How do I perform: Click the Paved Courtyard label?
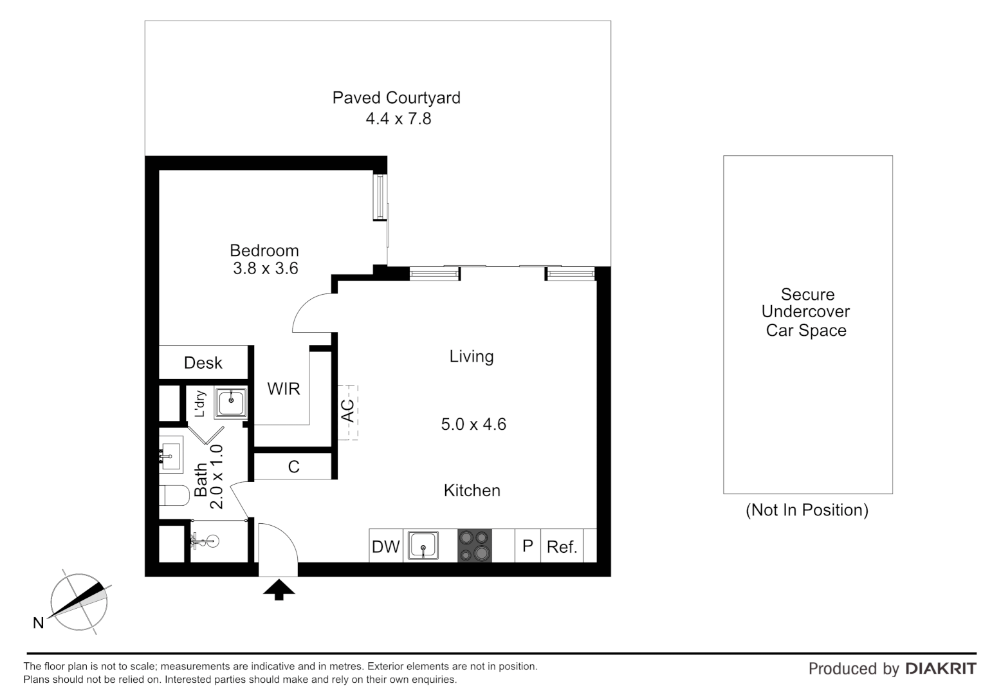tap(396, 98)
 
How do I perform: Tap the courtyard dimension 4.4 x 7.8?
tap(398, 119)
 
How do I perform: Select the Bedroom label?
tap(264, 250)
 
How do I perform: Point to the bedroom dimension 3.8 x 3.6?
tap(265, 268)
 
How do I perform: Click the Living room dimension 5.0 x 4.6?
tap(473, 425)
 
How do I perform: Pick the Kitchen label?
tap(472, 490)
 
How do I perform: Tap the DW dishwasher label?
tap(385, 547)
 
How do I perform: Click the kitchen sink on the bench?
tap(423, 546)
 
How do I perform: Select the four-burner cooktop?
tap(474, 546)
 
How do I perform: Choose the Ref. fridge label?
tap(562, 547)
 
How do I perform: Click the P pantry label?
tap(528, 546)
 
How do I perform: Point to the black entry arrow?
tap(279, 589)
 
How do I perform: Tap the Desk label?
tap(203, 363)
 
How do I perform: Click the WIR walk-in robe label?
tap(284, 389)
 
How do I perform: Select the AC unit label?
tap(347, 412)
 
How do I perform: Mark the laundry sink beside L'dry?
tap(230, 402)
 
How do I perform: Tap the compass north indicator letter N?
tap(39, 623)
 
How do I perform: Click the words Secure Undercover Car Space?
tap(807, 313)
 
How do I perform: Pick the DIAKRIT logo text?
tap(941, 669)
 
